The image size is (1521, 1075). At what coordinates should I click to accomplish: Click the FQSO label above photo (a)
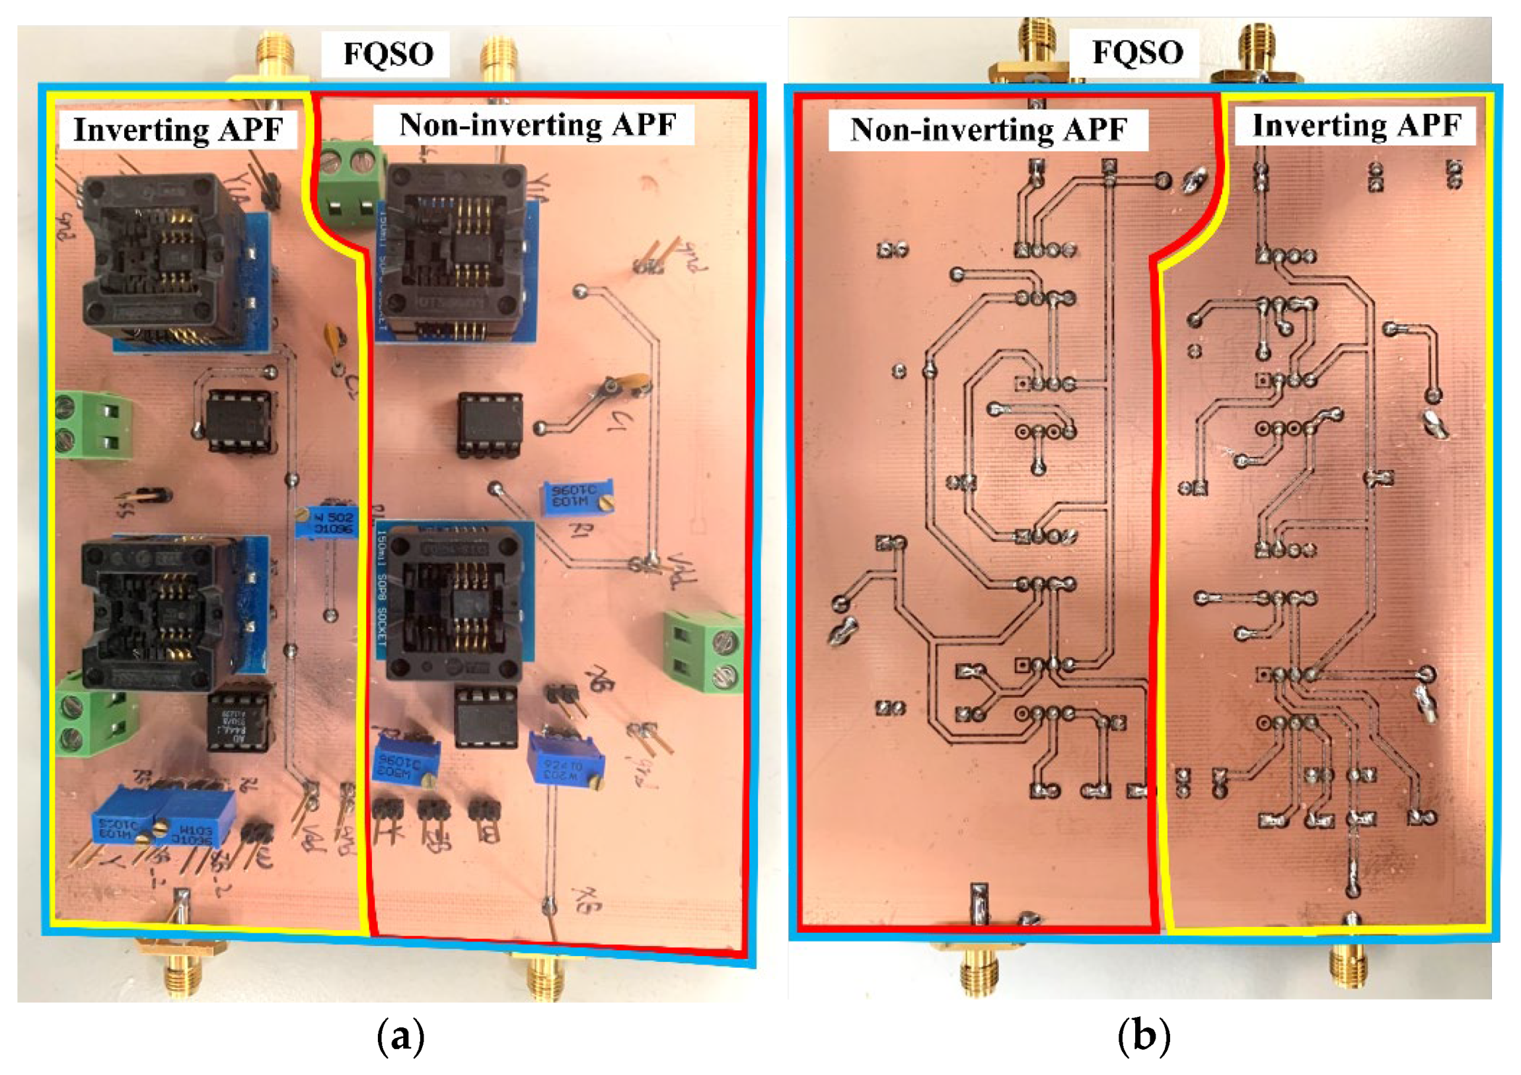(x=388, y=54)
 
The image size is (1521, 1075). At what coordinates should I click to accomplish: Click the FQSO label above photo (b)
(x=1136, y=52)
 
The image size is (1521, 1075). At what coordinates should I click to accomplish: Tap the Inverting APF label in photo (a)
(x=178, y=129)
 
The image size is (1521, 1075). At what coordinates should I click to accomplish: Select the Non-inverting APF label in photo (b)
(x=988, y=129)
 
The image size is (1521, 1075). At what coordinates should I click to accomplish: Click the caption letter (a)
(x=400, y=1036)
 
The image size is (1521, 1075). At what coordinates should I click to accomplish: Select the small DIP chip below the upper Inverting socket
(x=239, y=421)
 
